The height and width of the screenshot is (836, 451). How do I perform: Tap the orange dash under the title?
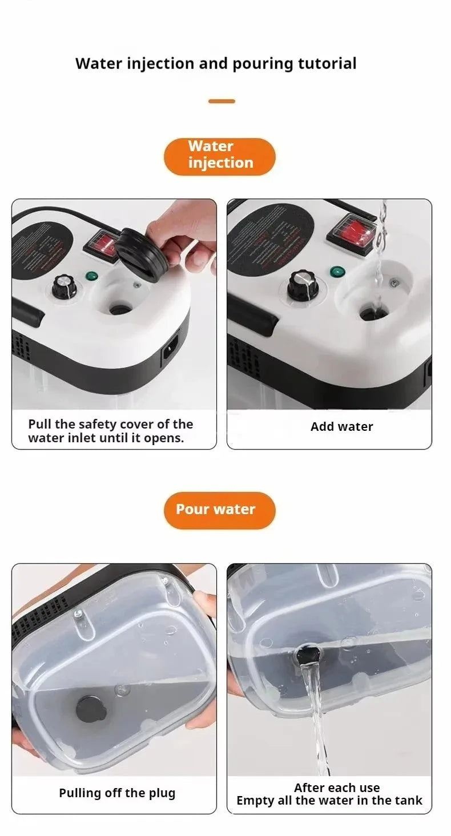(x=222, y=101)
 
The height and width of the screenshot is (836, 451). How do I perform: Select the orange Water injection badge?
(x=220, y=155)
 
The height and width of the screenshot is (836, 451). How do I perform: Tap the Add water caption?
(x=341, y=427)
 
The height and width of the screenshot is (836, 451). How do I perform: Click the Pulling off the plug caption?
(x=117, y=793)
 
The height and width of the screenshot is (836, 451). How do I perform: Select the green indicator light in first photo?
(x=91, y=277)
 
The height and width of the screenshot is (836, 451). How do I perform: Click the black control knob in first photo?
(x=64, y=287)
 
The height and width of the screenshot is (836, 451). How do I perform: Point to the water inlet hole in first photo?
(x=120, y=309)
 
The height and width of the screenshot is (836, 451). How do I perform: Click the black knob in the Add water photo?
(x=301, y=285)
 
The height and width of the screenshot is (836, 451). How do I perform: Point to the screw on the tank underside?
(x=79, y=614)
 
